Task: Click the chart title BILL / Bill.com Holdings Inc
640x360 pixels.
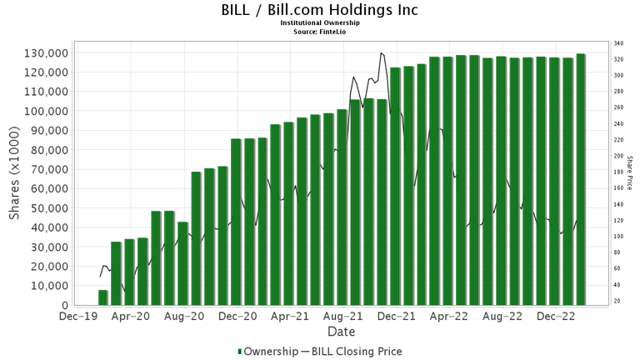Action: [x=320, y=10]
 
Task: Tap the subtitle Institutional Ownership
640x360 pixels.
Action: [x=320, y=23]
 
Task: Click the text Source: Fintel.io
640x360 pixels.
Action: [x=320, y=31]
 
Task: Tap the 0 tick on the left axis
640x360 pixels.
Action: [x=65, y=305]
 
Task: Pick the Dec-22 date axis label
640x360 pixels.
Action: [x=552, y=317]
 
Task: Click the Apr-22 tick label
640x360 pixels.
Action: [x=447, y=317]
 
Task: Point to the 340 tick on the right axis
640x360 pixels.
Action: [x=618, y=42]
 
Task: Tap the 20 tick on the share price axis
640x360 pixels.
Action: [x=617, y=301]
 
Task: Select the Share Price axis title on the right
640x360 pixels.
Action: [x=630, y=173]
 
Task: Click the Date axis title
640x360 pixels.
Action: [x=341, y=332]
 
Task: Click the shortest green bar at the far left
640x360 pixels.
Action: [x=103, y=297]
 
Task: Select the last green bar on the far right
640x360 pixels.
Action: [x=580, y=179]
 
